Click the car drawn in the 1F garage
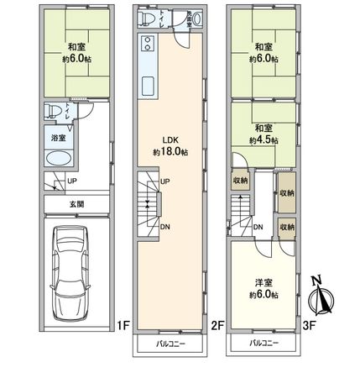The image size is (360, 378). click(x=70, y=273)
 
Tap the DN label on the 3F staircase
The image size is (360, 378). click(x=258, y=227)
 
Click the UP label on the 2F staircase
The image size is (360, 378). click(x=164, y=181)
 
